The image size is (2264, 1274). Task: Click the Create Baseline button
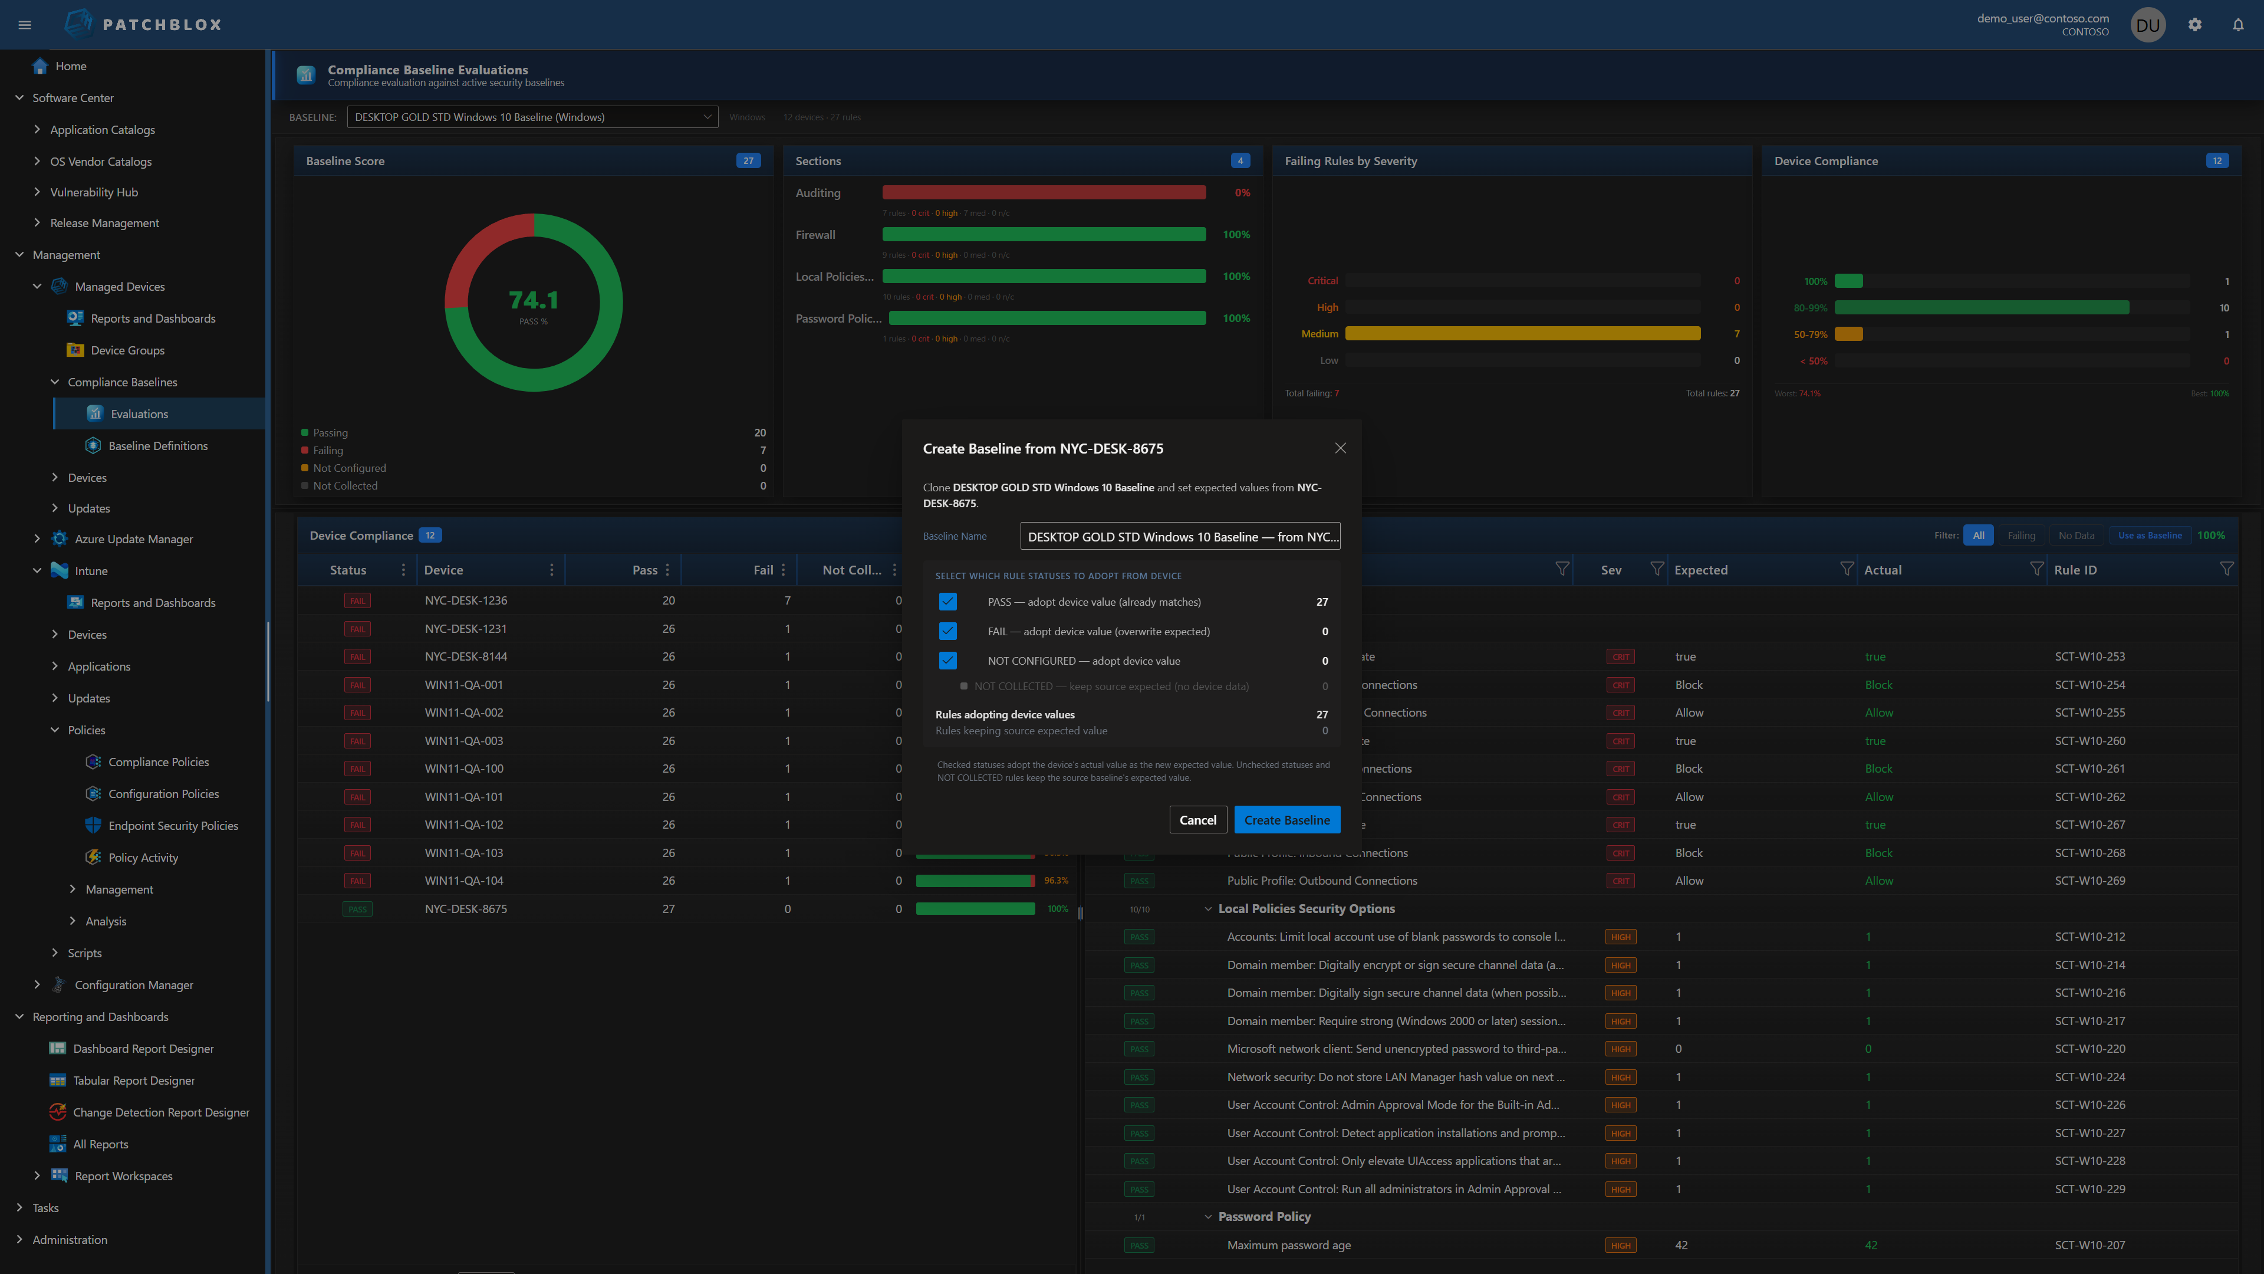1286,819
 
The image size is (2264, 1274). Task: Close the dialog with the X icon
1340,448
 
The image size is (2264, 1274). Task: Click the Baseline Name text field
1179,536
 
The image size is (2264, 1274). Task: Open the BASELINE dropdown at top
532,117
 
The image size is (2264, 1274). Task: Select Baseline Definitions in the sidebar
158,446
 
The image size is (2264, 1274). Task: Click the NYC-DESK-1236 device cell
466,600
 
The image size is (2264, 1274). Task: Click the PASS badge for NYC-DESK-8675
357,909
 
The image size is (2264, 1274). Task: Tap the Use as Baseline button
2150,536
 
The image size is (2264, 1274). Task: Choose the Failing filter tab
2021,536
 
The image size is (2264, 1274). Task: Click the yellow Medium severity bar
1522,334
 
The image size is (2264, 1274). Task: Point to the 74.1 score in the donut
534,301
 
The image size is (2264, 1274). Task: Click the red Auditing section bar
1043,192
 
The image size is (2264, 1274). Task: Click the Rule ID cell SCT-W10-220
2089,1049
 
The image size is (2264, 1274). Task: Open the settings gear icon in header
2194,25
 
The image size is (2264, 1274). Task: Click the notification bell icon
2237,25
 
